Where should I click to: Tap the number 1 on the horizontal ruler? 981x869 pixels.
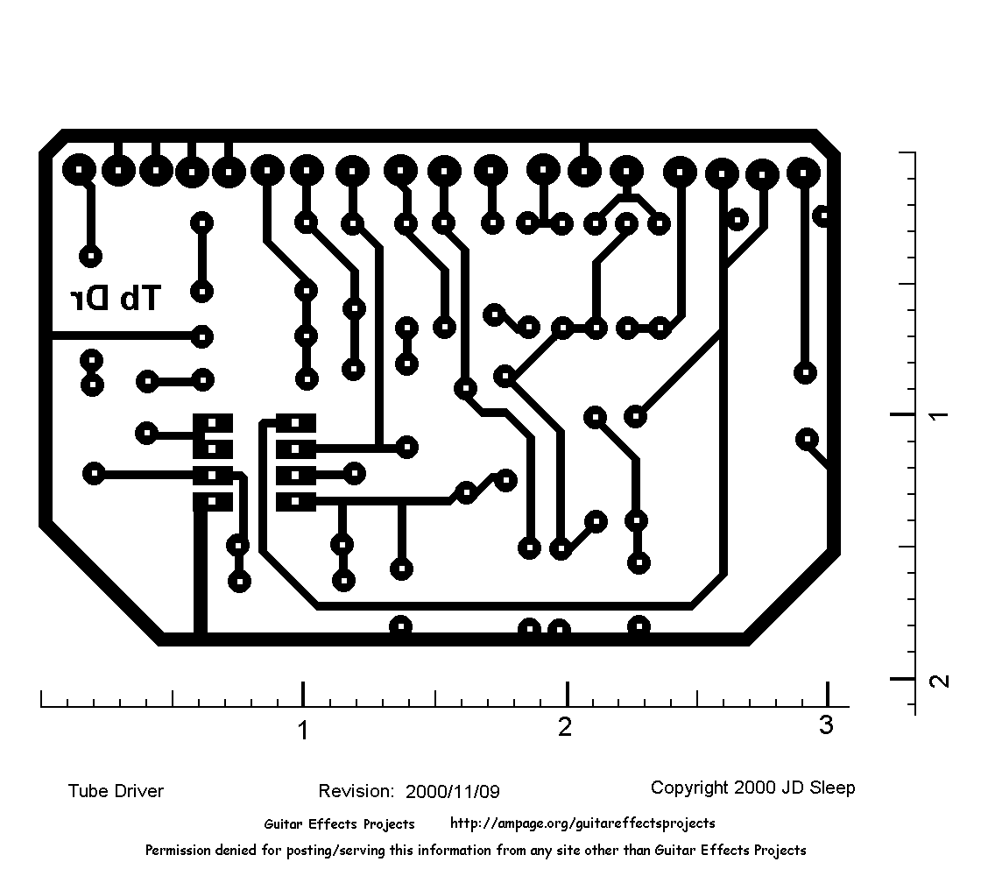point(303,730)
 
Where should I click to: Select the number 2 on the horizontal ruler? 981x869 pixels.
point(565,727)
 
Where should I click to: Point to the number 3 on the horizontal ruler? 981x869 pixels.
point(826,725)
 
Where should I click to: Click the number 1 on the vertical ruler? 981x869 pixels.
point(938,413)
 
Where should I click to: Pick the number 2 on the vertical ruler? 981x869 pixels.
point(938,680)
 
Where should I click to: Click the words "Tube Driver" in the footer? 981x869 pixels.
point(116,791)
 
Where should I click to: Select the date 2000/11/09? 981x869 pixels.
point(453,792)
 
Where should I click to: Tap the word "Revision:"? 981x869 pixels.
point(356,791)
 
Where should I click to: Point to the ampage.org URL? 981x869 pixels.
point(582,823)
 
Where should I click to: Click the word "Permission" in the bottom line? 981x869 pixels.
point(179,850)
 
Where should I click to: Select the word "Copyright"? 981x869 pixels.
point(689,788)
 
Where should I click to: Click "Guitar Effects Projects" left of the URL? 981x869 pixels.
point(339,823)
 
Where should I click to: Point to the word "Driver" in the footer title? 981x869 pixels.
point(139,791)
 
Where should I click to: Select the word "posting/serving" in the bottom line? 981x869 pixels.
point(332,850)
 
